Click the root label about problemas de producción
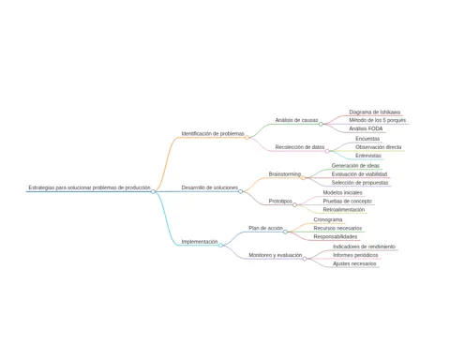[x=90, y=187]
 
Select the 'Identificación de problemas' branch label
[x=213, y=133]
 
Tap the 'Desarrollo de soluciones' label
[x=210, y=187]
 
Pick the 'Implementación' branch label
[x=200, y=242]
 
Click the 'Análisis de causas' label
[x=296, y=120]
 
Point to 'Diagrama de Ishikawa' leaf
[x=375, y=112]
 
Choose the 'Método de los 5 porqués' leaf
[x=378, y=120]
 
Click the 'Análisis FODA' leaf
[x=366, y=128]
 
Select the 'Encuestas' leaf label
[x=367, y=139]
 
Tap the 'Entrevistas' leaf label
[x=368, y=156]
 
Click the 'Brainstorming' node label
[x=285, y=174]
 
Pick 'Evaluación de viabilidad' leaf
[x=359, y=174]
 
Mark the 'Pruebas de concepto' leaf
[x=348, y=201]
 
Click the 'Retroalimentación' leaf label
[x=344, y=209]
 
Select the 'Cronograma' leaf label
[x=328, y=219]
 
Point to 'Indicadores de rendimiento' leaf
[x=364, y=247]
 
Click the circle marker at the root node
[x=153, y=191]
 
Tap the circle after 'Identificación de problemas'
[x=247, y=138]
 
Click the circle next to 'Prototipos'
[x=294, y=205]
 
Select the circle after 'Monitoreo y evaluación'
[x=305, y=259]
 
